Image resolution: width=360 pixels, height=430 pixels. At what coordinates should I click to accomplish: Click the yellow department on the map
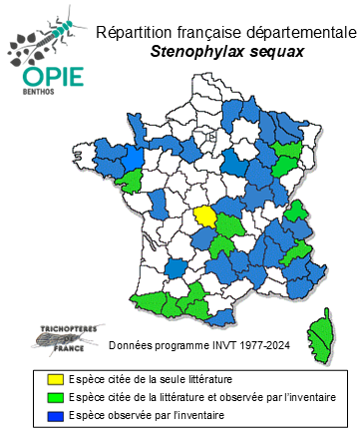(x=204, y=215)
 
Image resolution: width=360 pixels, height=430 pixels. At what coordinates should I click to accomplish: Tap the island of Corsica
(x=320, y=330)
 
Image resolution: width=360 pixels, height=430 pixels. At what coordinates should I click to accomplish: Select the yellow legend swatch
(x=38, y=379)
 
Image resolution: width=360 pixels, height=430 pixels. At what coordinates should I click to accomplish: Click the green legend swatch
(x=38, y=396)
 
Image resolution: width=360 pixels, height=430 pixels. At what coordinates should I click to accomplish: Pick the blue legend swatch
(x=38, y=413)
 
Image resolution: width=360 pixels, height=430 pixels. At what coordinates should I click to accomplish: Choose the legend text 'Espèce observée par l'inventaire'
(x=132, y=413)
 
